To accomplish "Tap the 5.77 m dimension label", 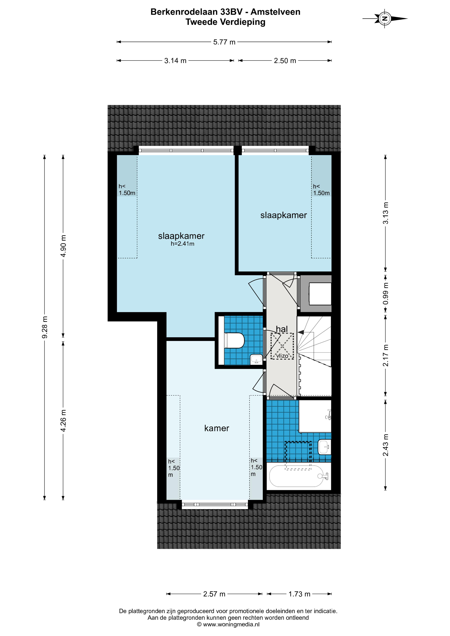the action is [224, 42].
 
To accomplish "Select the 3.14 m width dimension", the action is [175, 61].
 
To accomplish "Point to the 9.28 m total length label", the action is [45, 327].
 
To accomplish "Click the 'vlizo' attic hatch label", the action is [282, 356].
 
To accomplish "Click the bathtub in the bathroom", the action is [299, 476].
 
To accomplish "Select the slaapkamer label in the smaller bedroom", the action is [283, 215].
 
